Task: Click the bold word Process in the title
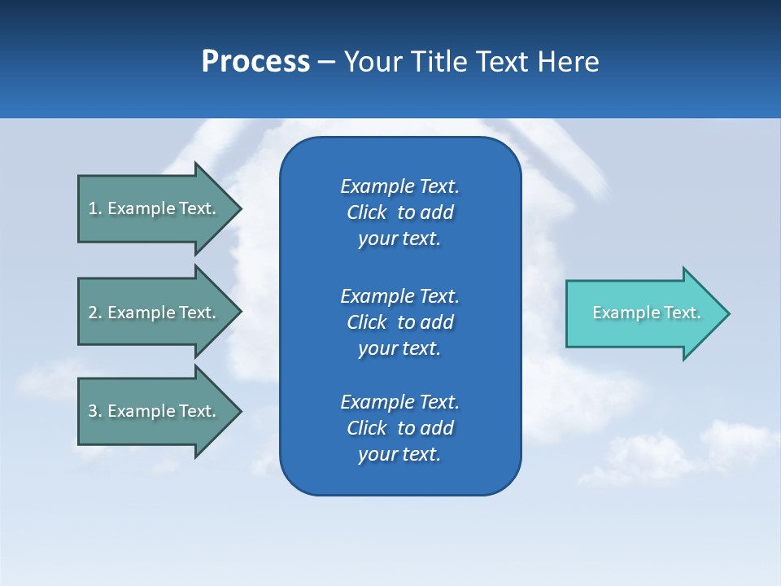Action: click(255, 62)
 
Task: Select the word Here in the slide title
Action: click(569, 62)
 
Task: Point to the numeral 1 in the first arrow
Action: click(93, 208)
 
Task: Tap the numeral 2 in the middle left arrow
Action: click(93, 313)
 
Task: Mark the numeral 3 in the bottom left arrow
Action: click(93, 411)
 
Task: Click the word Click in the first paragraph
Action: click(366, 213)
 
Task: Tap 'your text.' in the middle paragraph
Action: click(399, 349)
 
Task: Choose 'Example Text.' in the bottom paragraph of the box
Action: click(399, 402)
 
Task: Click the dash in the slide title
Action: click(326, 62)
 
